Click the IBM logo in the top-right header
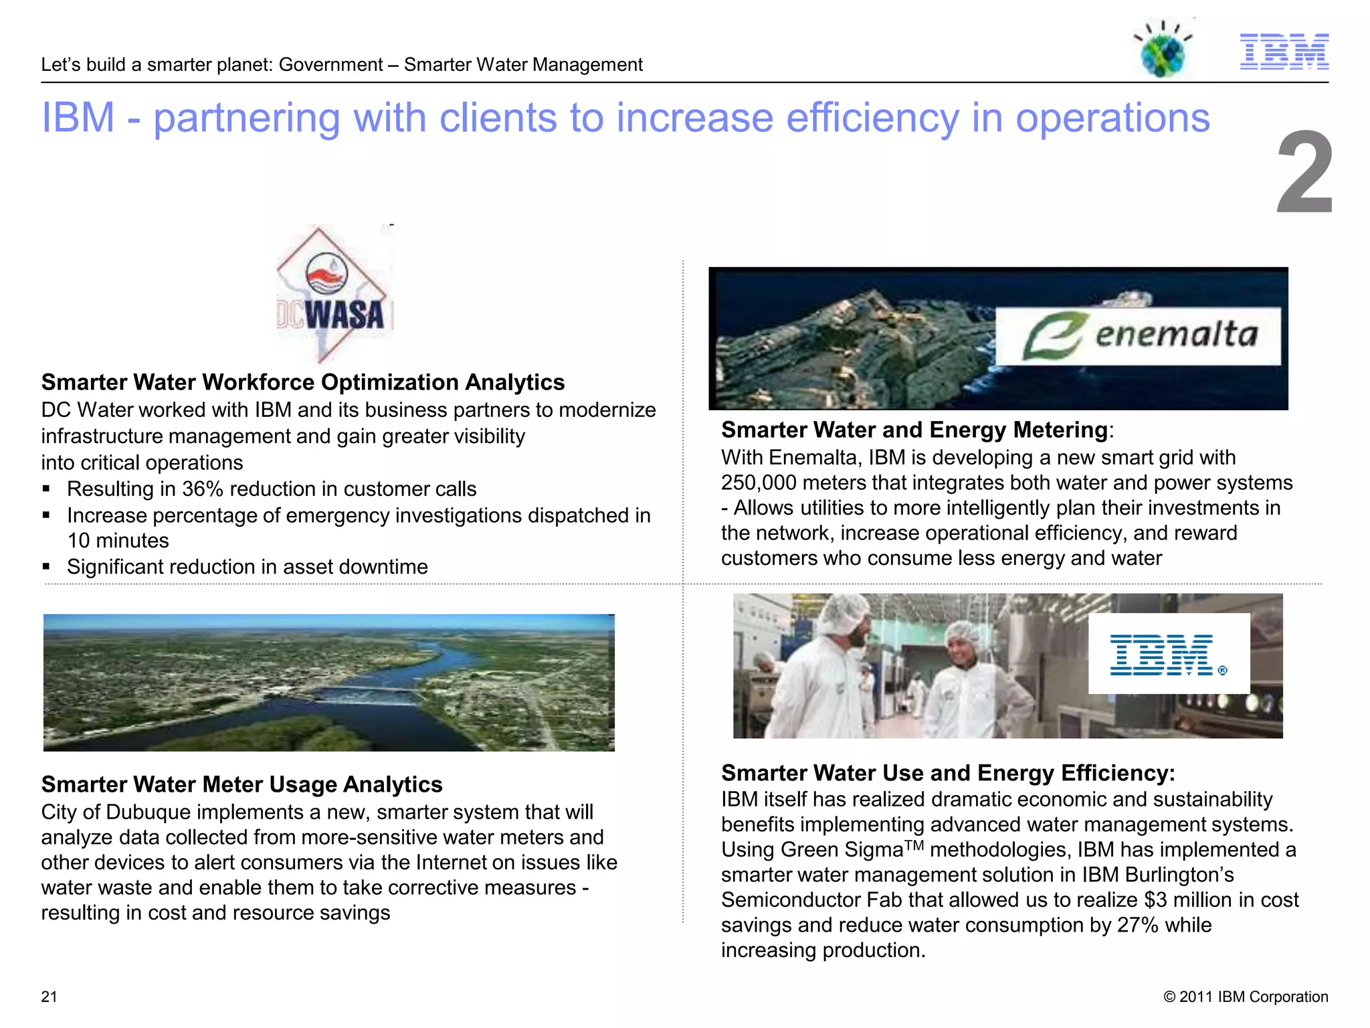click(1284, 52)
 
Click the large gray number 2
click(1304, 173)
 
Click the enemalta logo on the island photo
click(1138, 336)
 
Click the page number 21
click(50, 997)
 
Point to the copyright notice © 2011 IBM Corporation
click(1246, 997)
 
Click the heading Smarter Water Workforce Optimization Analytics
click(303, 382)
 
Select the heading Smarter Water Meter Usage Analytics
click(241, 784)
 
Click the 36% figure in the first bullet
click(202, 489)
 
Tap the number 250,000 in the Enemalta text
click(758, 483)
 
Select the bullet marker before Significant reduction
click(46, 567)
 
